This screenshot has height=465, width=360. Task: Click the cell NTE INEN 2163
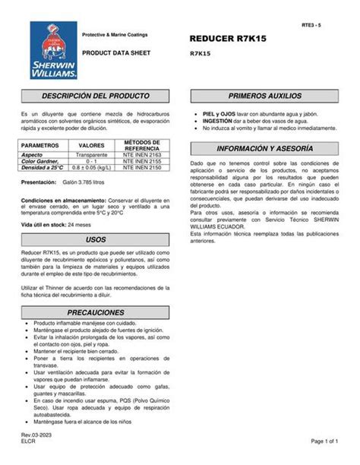click(x=142, y=153)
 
